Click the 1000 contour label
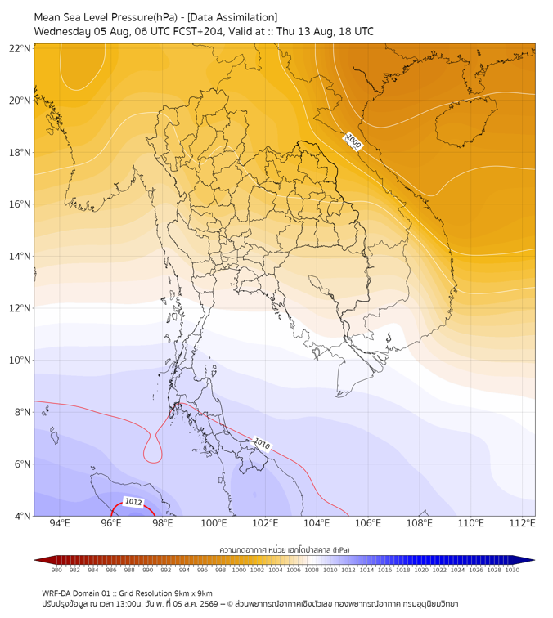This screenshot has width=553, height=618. pyautogui.click(x=353, y=141)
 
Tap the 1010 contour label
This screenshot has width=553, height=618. pyautogui.click(x=262, y=444)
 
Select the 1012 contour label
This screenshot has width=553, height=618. pyautogui.click(x=133, y=502)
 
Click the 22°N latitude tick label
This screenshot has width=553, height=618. pyautogui.click(x=20, y=48)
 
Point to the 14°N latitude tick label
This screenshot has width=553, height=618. pyautogui.click(x=20, y=256)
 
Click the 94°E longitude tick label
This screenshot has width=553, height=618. pyautogui.click(x=60, y=523)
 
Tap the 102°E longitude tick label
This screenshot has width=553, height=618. pyautogui.click(x=265, y=523)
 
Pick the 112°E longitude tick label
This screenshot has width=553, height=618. pyautogui.click(x=522, y=523)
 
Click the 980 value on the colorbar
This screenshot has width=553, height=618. pyautogui.click(x=56, y=570)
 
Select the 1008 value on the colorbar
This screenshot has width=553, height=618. pyautogui.click(x=312, y=570)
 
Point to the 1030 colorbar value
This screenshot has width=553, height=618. pyautogui.click(x=512, y=570)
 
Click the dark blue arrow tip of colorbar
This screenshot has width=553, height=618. pyautogui.click(x=534, y=560)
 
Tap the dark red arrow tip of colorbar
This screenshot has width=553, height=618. pyautogui.click(x=35, y=560)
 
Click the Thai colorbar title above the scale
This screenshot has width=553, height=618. pyautogui.click(x=285, y=549)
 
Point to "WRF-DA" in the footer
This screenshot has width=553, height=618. pyautogui.click(x=56, y=593)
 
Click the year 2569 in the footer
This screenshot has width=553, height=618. pyautogui.click(x=209, y=604)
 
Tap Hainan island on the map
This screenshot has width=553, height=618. pyautogui.click(x=465, y=121)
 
